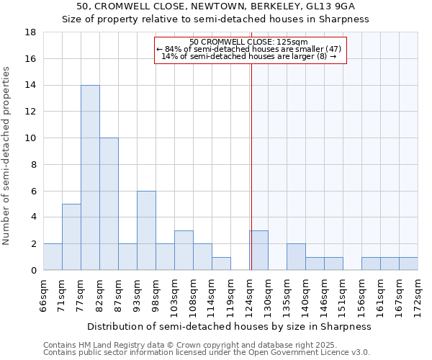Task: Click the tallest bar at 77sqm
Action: pyautogui.click(x=90, y=177)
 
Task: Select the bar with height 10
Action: pyautogui.click(x=109, y=204)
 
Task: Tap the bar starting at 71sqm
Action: pyautogui.click(x=71, y=237)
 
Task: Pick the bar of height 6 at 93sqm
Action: pyautogui.click(x=146, y=230)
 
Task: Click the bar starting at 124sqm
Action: pyautogui.click(x=259, y=250)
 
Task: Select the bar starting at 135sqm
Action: pyautogui.click(x=296, y=257)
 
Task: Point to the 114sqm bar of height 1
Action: pyautogui.click(x=221, y=264)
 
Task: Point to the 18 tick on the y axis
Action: pyautogui.click(x=31, y=32)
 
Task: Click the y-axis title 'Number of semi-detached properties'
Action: pyautogui.click(x=7, y=156)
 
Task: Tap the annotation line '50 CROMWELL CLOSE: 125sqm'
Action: pyautogui.click(x=249, y=42)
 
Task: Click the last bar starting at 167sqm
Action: pyautogui.click(x=408, y=264)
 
